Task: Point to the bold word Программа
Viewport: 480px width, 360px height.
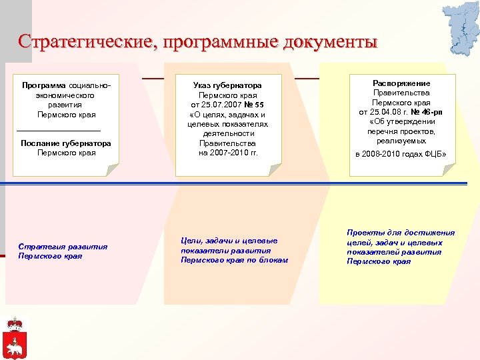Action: pyautogui.click(x=44, y=86)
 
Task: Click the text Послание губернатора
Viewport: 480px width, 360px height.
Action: pyautogui.click(x=66, y=143)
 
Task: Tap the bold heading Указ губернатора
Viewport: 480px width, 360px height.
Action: pyautogui.click(x=227, y=86)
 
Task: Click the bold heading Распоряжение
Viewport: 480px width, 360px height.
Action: pyautogui.click(x=401, y=83)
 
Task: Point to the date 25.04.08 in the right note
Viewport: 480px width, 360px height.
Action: pyautogui.click(x=387, y=112)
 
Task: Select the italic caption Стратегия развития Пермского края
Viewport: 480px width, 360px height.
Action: pyautogui.click(x=63, y=251)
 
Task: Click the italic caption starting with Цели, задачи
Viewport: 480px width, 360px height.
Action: pyautogui.click(x=234, y=250)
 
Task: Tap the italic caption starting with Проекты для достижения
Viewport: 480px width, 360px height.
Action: pyautogui.click(x=401, y=247)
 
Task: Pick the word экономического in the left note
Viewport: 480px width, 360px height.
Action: pyautogui.click(x=65, y=95)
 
